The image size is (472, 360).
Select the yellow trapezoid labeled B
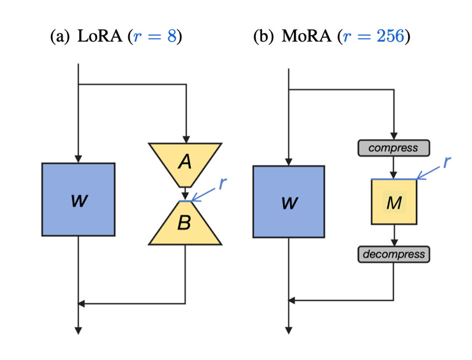coord(185,223)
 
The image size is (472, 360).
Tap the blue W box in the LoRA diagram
coord(78,200)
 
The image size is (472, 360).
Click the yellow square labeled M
coord(394,202)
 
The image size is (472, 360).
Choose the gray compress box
coord(394,148)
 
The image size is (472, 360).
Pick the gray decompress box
coord(394,254)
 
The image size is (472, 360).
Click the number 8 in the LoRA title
coord(172,36)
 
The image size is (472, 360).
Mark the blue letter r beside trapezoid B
coord(222,183)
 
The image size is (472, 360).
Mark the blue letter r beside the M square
coord(447,161)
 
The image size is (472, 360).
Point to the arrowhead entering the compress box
coord(394,137)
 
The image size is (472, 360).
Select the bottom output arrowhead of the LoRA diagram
coord(78,330)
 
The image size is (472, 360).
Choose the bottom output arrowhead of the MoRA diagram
coord(288,330)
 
